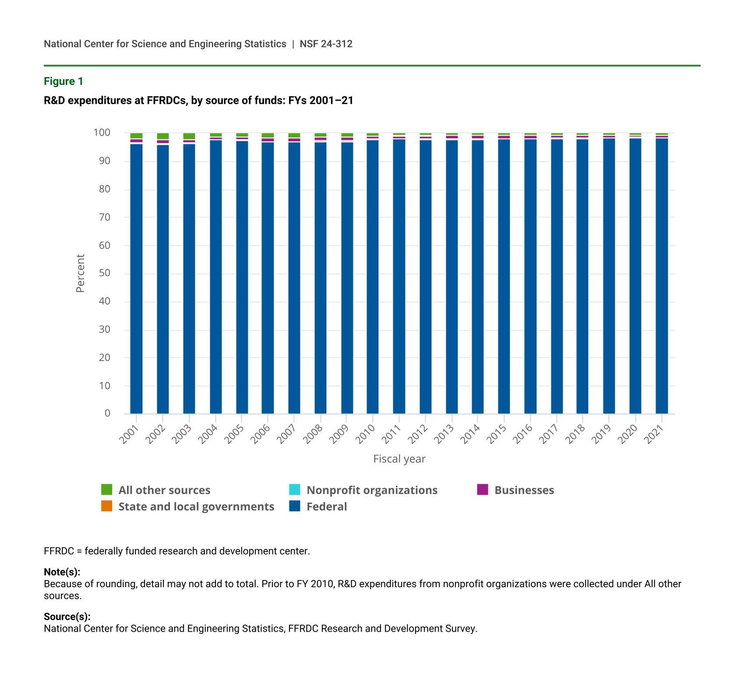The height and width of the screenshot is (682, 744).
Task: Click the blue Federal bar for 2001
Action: (x=136, y=278)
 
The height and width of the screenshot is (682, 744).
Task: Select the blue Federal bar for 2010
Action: (x=373, y=276)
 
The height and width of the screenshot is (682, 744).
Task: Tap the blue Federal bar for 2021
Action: (x=662, y=276)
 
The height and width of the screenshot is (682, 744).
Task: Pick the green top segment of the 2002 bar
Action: (x=163, y=136)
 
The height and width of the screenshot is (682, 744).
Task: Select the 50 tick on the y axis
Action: (x=104, y=273)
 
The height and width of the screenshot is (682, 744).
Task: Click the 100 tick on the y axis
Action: (x=102, y=133)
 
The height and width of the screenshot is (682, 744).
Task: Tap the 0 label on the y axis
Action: (x=107, y=413)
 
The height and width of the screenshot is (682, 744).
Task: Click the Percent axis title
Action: (x=80, y=273)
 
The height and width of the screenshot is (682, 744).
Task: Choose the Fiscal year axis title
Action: (x=399, y=459)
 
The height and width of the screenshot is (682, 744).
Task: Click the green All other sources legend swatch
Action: (x=106, y=490)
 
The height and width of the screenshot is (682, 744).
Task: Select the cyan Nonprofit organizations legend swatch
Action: (x=295, y=490)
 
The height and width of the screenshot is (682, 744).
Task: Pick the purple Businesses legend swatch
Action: (x=483, y=490)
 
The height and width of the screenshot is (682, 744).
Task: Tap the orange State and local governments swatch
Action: (x=106, y=506)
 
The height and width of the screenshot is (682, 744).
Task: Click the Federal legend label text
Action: (x=327, y=507)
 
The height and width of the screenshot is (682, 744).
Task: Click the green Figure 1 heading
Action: (x=63, y=81)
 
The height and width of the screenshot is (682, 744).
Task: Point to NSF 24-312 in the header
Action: (x=326, y=44)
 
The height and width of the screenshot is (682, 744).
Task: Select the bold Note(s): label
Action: (x=62, y=572)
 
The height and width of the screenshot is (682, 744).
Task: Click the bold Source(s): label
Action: (x=67, y=616)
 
